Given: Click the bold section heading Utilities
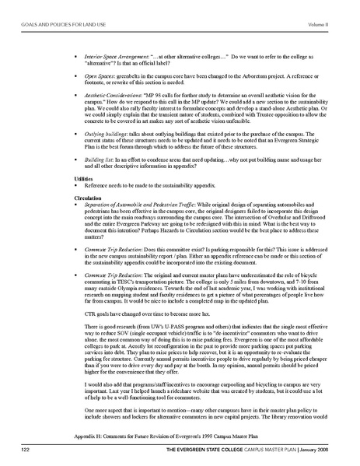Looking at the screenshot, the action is pos(75,200).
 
